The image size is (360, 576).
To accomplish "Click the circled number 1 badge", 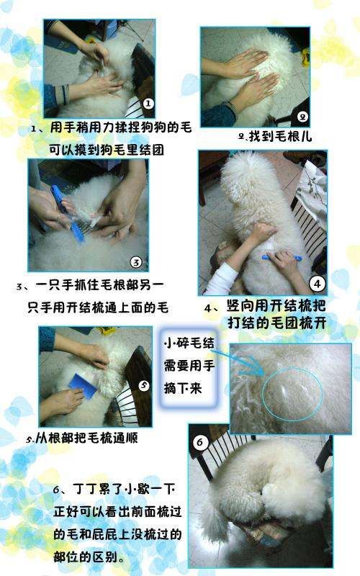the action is (148, 104).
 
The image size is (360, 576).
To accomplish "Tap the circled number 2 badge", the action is (302, 117).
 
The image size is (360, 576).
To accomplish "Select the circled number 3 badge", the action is (136, 262).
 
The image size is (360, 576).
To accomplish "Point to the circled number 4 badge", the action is (318, 283).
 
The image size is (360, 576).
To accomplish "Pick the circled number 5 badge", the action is (143, 385).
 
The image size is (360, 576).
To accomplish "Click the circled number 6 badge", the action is (200, 442).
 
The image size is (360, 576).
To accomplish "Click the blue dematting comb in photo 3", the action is (68, 213).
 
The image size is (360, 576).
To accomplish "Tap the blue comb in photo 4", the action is (282, 257).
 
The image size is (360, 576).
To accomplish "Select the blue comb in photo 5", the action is (84, 385).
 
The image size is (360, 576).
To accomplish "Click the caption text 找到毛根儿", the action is (280, 137).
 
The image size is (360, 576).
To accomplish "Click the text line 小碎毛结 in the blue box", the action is (189, 343).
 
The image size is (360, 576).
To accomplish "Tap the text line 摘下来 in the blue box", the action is (183, 388).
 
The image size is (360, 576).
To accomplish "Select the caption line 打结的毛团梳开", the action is (277, 323).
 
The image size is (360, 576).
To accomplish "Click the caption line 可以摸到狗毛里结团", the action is (107, 150).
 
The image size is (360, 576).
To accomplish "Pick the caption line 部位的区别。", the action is (89, 557).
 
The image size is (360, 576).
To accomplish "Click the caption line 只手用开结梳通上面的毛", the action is (98, 307).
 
